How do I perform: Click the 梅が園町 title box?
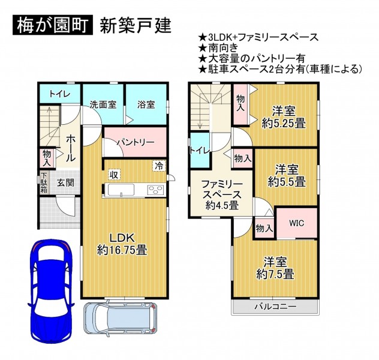[53, 25]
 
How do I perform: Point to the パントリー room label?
[136, 142]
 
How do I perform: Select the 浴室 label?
[146, 104]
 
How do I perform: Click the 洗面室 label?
[103, 104]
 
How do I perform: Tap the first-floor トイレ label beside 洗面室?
[60, 94]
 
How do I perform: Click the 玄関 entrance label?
[65, 182]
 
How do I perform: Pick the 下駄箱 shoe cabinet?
[44, 182]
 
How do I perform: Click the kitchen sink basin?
[121, 190]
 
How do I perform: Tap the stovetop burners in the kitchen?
[156, 189]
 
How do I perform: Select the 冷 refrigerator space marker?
[159, 166]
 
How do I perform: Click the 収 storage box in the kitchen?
[114, 175]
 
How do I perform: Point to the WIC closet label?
[297, 223]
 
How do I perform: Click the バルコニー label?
[275, 307]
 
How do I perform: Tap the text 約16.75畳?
[122, 250]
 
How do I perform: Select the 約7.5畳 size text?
[275, 274]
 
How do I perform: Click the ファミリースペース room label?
[222, 190]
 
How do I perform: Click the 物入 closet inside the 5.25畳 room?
[240, 104]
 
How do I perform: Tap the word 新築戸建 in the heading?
[136, 26]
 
